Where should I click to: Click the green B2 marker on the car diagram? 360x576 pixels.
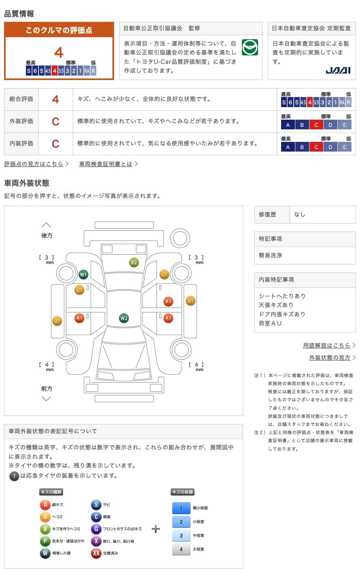click(x=134, y=262)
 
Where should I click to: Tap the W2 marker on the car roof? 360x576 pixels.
click(x=124, y=318)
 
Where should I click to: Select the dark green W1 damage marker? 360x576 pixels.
click(x=83, y=274)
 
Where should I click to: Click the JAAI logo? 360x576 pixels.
click(x=338, y=70)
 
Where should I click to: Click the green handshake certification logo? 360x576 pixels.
click(x=250, y=47)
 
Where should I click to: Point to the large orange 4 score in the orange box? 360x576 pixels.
click(x=59, y=53)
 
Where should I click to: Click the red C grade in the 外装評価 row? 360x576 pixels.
click(x=55, y=122)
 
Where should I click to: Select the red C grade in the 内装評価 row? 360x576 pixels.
click(x=55, y=144)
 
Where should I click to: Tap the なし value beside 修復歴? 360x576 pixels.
click(x=300, y=215)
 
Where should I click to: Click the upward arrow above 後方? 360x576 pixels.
click(x=47, y=225)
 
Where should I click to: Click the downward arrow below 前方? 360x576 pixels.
click(x=47, y=399)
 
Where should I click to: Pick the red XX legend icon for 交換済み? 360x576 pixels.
click(x=96, y=553)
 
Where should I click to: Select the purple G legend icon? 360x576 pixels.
click(x=96, y=529)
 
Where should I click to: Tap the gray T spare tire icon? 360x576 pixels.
click(x=14, y=476)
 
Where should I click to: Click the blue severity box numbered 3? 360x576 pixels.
click(x=181, y=535)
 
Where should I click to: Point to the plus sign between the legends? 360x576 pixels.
click(x=156, y=529)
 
